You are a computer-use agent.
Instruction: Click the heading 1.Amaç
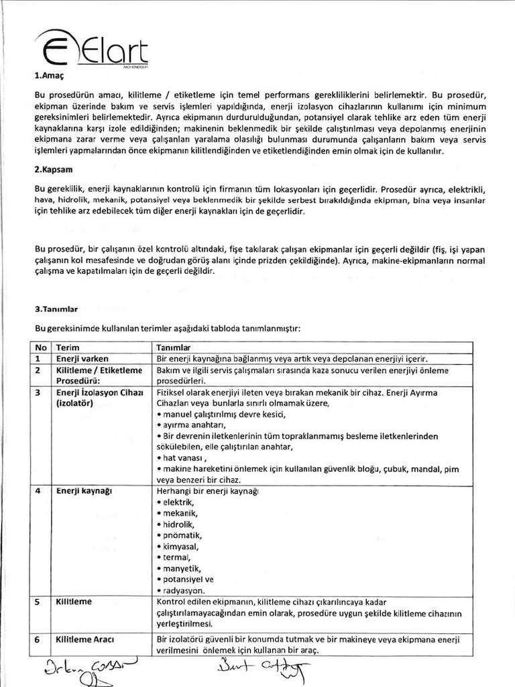(x=48, y=76)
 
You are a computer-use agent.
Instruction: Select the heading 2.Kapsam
(x=52, y=171)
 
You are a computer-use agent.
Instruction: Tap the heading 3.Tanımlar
(x=56, y=309)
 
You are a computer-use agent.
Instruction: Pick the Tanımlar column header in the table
(x=174, y=348)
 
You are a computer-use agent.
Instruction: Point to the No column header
(x=41, y=348)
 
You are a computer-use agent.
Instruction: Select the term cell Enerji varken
(x=82, y=359)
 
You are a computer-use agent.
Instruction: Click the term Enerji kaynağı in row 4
(x=84, y=490)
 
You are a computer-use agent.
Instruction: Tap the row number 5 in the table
(x=38, y=602)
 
